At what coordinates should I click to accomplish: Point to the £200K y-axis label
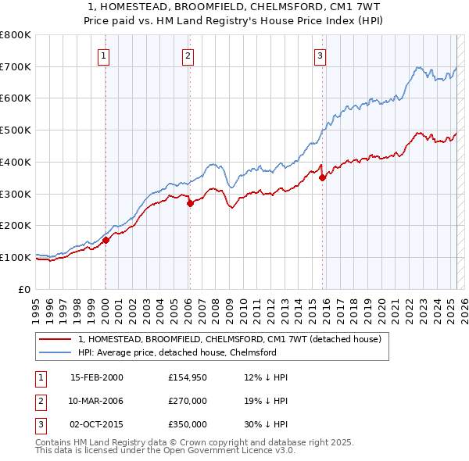[x=16, y=225]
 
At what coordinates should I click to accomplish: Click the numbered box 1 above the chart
[x=104, y=55]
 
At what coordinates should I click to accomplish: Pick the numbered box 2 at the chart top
[x=188, y=55]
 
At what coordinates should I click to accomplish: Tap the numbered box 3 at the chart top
[x=320, y=55]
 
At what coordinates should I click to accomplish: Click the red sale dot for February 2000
[x=106, y=240]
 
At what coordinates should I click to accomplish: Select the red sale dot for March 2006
[x=190, y=203]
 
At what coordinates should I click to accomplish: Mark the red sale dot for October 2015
[x=322, y=177]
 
